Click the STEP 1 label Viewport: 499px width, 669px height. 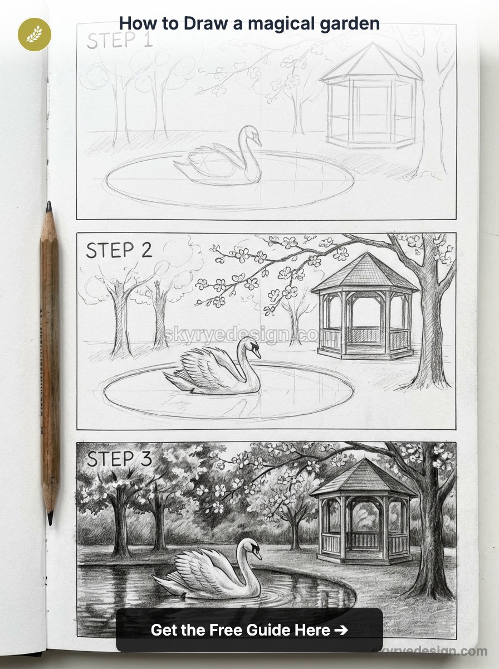[x=120, y=40]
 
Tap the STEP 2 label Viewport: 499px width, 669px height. [x=119, y=250]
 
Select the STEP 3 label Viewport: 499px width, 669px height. [x=119, y=459]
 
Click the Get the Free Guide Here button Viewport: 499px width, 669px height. [x=249, y=630]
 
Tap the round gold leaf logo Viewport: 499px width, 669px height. [x=35, y=34]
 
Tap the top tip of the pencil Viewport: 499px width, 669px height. [x=48, y=206]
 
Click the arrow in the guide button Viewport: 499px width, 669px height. [x=340, y=630]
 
